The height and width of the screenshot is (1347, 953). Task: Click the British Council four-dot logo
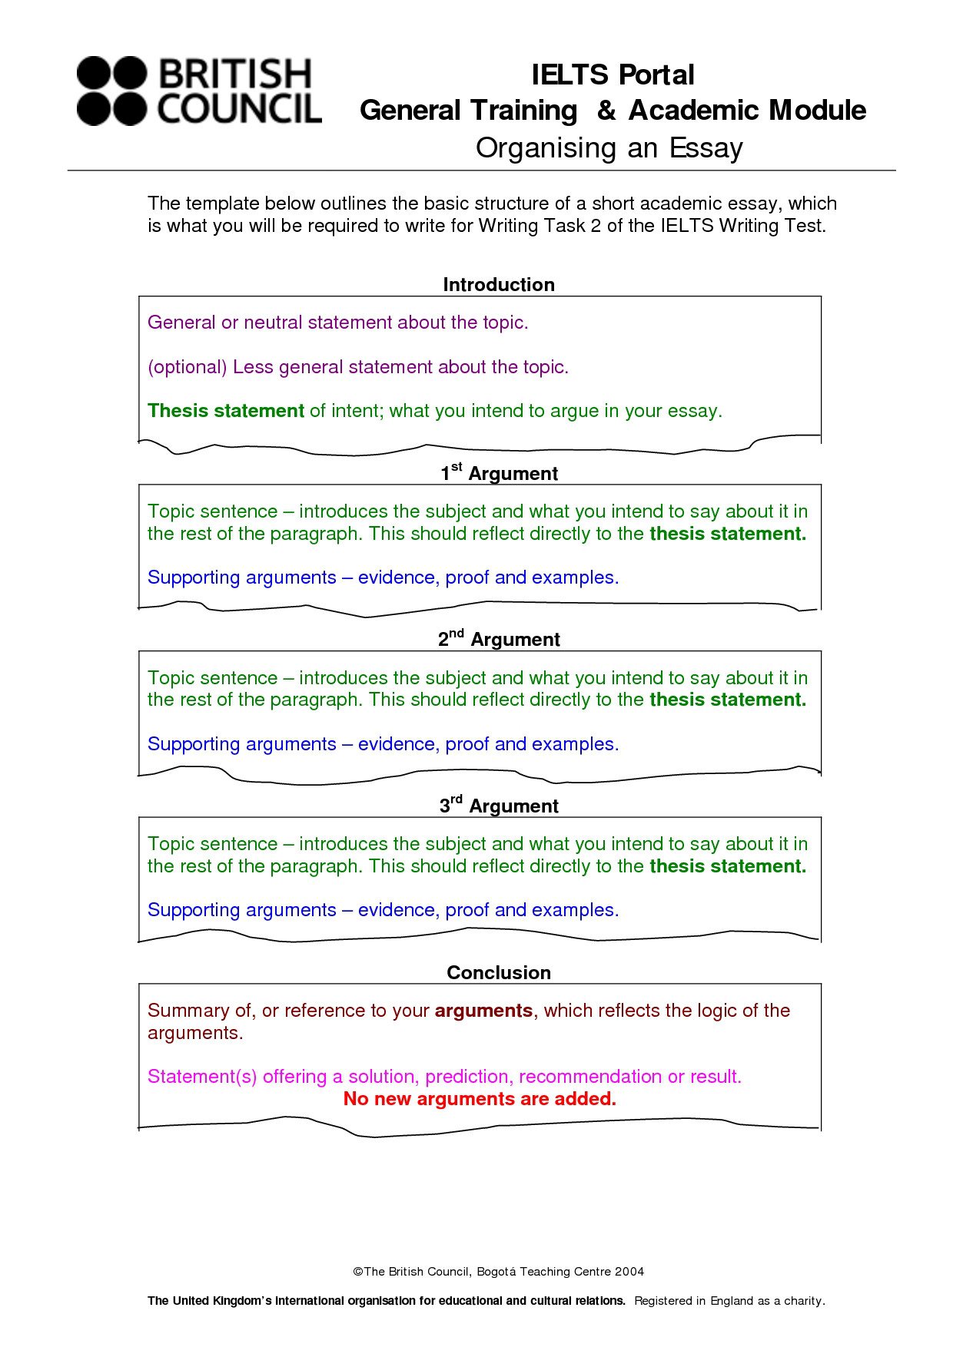click(111, 91)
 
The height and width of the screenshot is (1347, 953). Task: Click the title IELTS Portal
click(613, 74)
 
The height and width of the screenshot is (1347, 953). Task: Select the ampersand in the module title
click(606, 111)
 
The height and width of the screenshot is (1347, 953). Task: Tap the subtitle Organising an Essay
click(609, 147)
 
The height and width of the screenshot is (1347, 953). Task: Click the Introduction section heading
click(499, 284)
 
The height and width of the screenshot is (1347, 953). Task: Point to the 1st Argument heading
click(499, 472)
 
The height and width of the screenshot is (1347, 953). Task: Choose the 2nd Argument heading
click(499, 639)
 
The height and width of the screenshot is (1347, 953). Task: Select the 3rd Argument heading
click(499, 805)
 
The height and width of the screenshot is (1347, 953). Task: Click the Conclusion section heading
click(499, 972)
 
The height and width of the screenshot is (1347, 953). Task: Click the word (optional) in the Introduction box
click(188, 367)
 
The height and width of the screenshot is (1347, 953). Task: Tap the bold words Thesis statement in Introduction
click(226, 411)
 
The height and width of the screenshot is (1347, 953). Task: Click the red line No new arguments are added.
click(480, 1099)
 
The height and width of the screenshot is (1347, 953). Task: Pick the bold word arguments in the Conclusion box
click(483, 1011)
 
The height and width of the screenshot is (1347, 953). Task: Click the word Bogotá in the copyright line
click(496, 1272)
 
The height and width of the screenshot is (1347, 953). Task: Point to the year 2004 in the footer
click(629, 1272)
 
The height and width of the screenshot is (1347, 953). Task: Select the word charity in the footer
click(804, 1301)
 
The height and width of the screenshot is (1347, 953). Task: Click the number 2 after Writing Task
click(596, 226)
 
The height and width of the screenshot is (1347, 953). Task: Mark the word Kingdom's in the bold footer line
click(240, 1301)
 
